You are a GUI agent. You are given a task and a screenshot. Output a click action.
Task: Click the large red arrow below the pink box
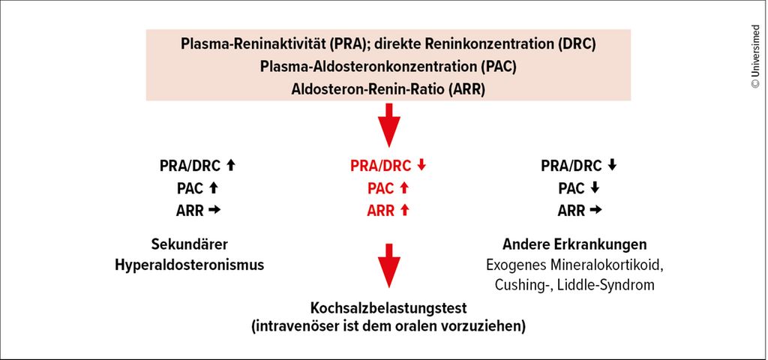tap(389, 125)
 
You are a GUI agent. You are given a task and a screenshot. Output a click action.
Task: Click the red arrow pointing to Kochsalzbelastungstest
tap(389, 265)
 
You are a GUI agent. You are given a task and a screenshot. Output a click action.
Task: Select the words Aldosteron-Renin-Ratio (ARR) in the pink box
tap(388, 90)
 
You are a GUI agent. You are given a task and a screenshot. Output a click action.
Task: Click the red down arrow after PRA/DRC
tap(421, 166)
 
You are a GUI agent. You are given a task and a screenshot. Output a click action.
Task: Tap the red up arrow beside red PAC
tap(404, 188)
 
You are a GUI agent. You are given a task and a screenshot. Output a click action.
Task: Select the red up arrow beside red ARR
tap(404, 210)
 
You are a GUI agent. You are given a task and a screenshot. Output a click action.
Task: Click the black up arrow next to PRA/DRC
tap(231, 166)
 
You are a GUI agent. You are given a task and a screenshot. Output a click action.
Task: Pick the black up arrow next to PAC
tap(213, 188)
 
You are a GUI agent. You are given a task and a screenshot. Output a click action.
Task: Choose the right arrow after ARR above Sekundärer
tap(214, 211)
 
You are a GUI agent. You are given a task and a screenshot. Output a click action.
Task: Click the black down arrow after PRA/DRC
tap(612, 166)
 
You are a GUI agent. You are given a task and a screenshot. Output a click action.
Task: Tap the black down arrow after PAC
tap(595, 188)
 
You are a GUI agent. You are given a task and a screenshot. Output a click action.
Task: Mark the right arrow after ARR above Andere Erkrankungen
tap(595, 211)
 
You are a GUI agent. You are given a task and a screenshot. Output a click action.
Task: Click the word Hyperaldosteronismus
tap(190, 265)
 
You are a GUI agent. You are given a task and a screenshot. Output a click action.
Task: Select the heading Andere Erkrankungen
tap(574, 244)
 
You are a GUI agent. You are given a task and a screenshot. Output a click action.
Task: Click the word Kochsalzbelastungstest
tap(389, 308)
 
